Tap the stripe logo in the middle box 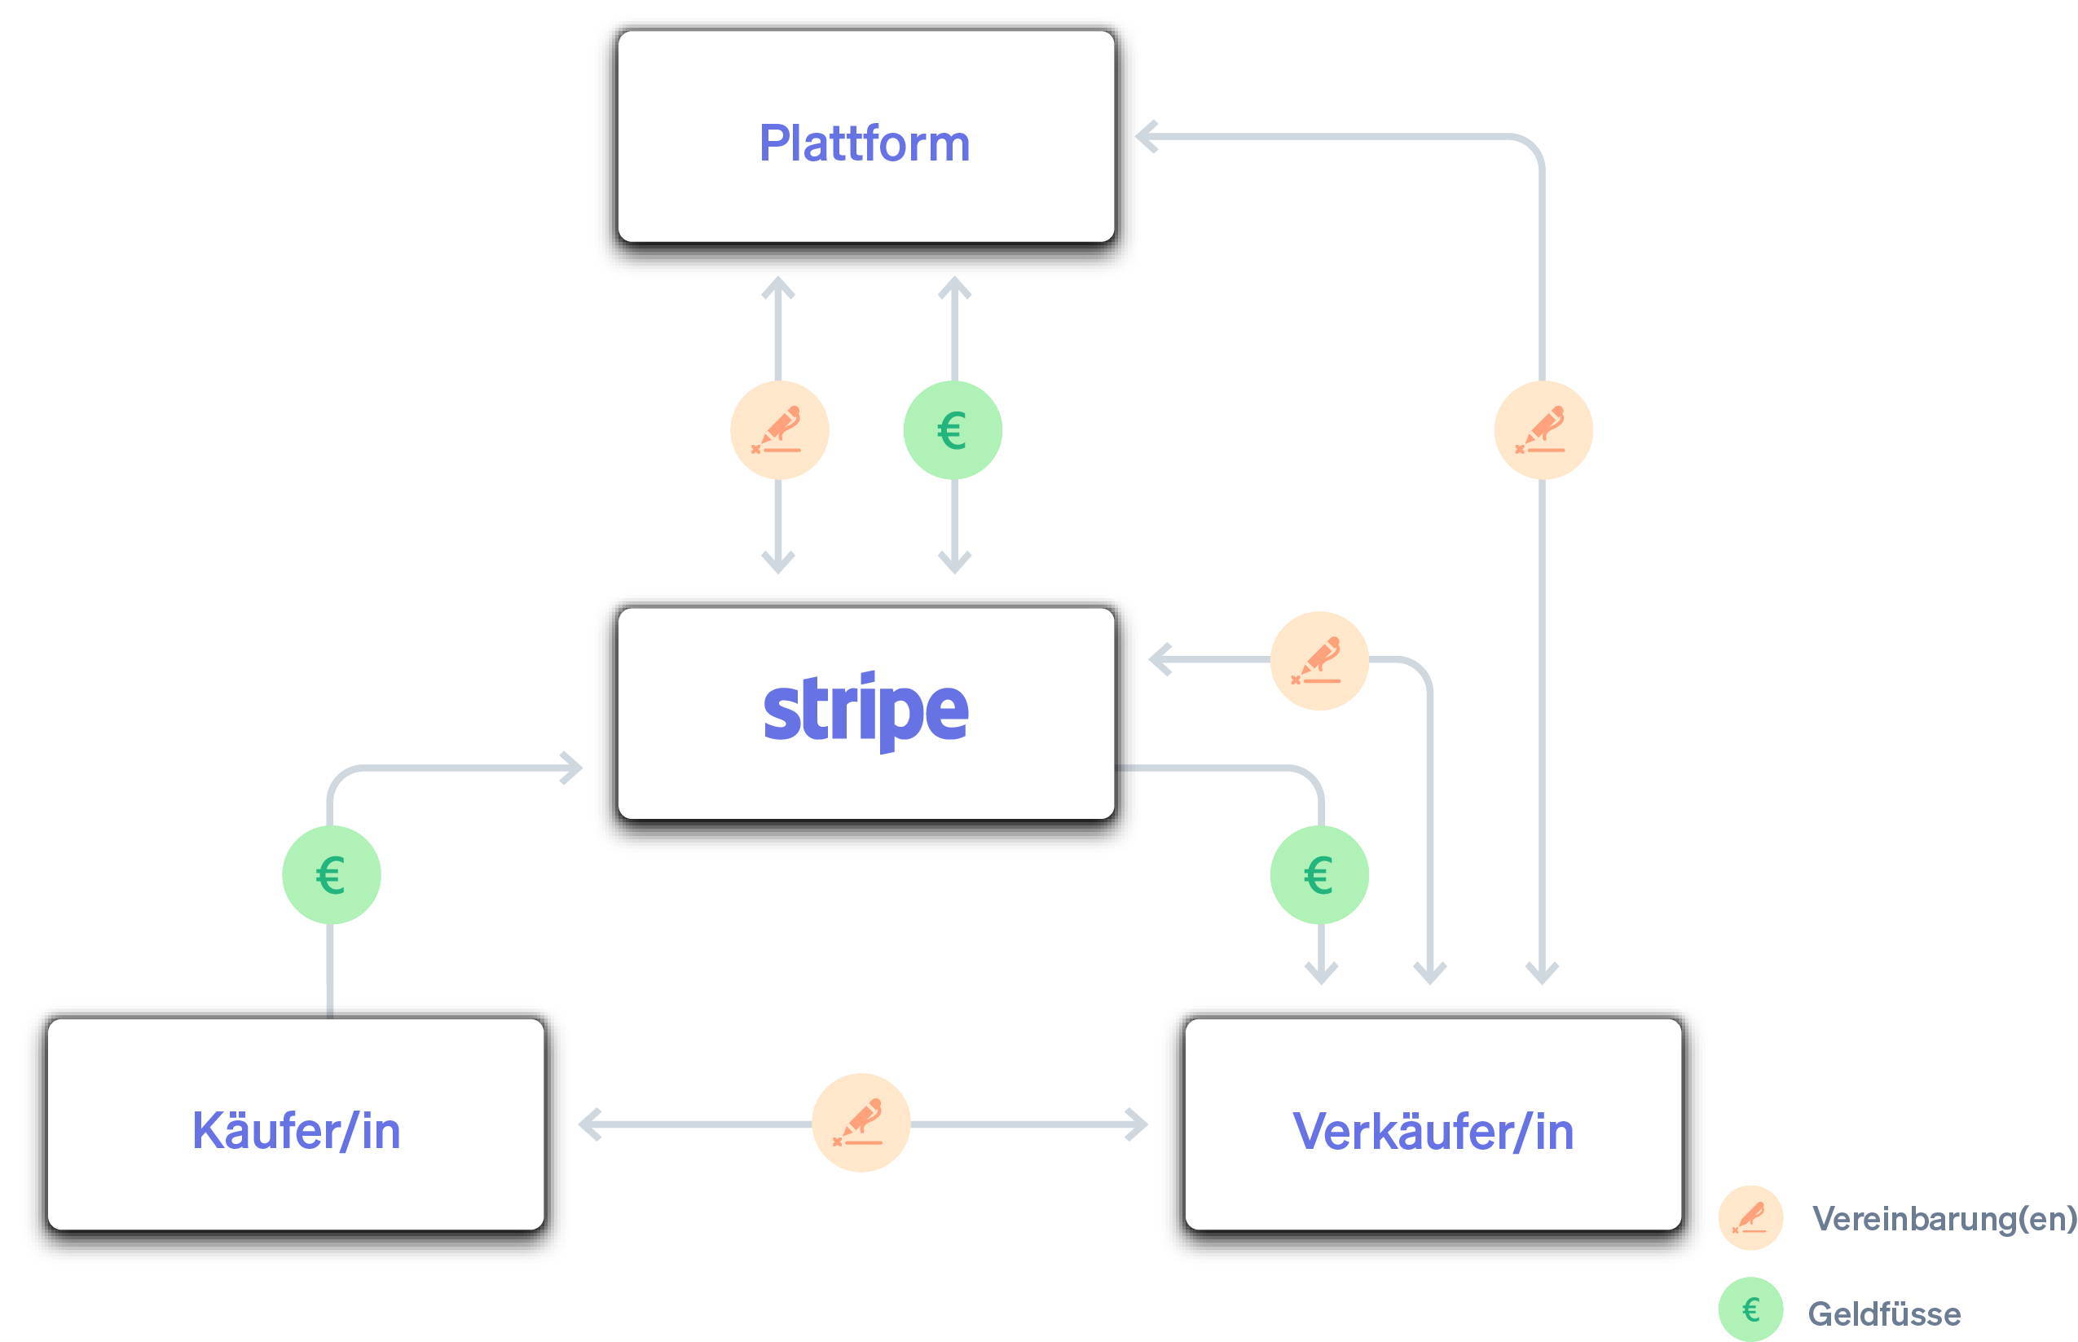coord(865,711)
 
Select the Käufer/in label coord(297,1132)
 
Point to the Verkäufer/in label coord(1433,1132)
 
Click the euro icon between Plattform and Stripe coord(953,430)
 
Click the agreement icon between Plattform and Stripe coord(779,430)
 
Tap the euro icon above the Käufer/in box coord(331,875)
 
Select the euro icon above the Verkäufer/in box coord(1319,875)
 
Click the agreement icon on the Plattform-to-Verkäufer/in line coord(1543,430)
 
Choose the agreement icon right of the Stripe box coord(1319,661)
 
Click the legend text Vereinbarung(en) coord(1944,1218)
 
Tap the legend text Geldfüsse coord(1884,1313)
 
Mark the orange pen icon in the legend coord(1750,1217)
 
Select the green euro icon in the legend coord(1750,1309)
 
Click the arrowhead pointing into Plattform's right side coord(1146,137)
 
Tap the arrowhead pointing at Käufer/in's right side coord(588,1124)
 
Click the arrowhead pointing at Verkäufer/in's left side coord(1138,1124)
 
